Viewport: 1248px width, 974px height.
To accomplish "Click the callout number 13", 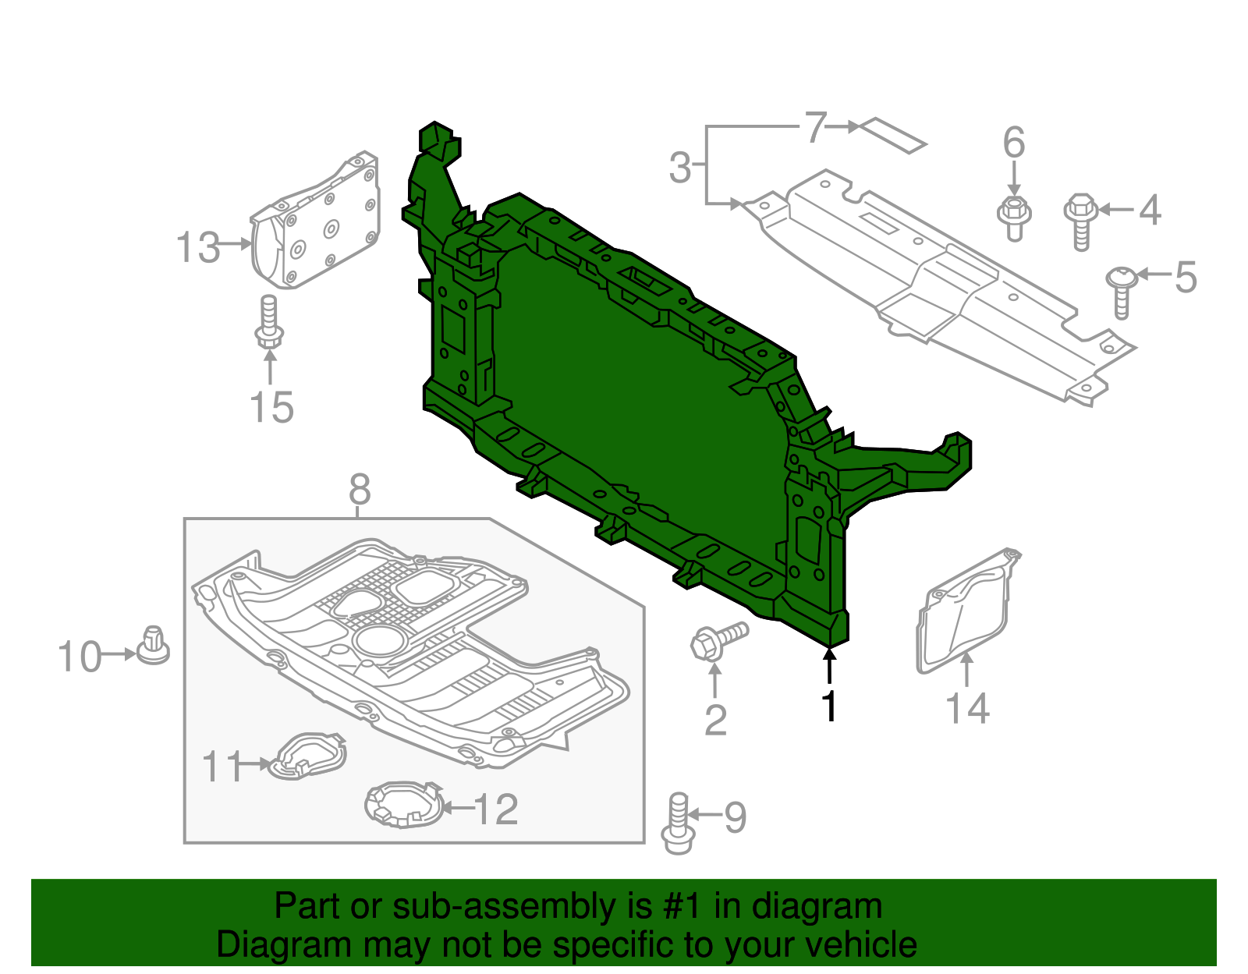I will [x=197, y=247].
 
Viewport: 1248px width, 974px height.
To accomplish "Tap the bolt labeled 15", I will [x=268, y=323].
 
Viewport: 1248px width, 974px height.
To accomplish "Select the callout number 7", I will [x=814, y=127].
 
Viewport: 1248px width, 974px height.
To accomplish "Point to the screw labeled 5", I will [x=1121, y=291].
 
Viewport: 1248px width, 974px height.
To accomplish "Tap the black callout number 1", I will [x=829, y=707].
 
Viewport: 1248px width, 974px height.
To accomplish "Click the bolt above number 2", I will [x=718, y=641].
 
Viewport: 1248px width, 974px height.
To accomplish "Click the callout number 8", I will [x=359, y=491].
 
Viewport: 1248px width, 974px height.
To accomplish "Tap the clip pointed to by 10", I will [x=153, y=646].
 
